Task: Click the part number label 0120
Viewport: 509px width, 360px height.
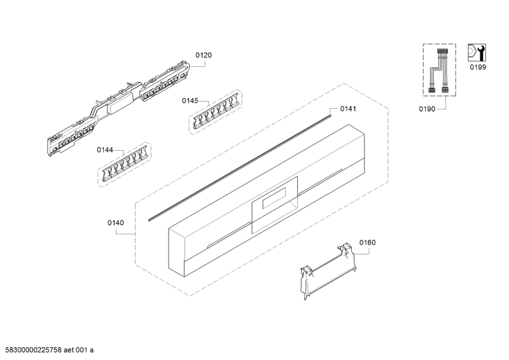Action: pos(204,55)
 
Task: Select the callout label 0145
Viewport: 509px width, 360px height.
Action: pos(190,100)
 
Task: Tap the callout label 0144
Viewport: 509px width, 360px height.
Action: pos(105,149)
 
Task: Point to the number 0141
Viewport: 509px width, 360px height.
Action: pos(348,109)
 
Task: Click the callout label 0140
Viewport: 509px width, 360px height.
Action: pos(116,223)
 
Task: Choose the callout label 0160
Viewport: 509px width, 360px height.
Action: pos(368,242)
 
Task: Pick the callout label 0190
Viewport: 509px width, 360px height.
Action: pos(427,109)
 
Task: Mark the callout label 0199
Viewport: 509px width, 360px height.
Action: pos(478,67)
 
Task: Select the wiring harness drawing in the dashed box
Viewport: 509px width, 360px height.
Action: pos(438,71)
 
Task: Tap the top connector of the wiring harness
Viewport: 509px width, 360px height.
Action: pos(442,51)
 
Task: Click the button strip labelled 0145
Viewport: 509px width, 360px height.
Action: pos(216,111)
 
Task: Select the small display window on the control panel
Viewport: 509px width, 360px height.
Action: pos(274,198)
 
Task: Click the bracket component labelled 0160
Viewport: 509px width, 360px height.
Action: pos(328,271)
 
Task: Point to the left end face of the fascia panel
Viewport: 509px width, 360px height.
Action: pos(176,253)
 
